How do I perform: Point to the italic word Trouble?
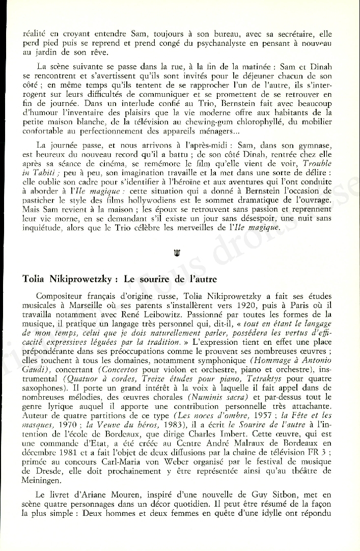pos(317,164)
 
